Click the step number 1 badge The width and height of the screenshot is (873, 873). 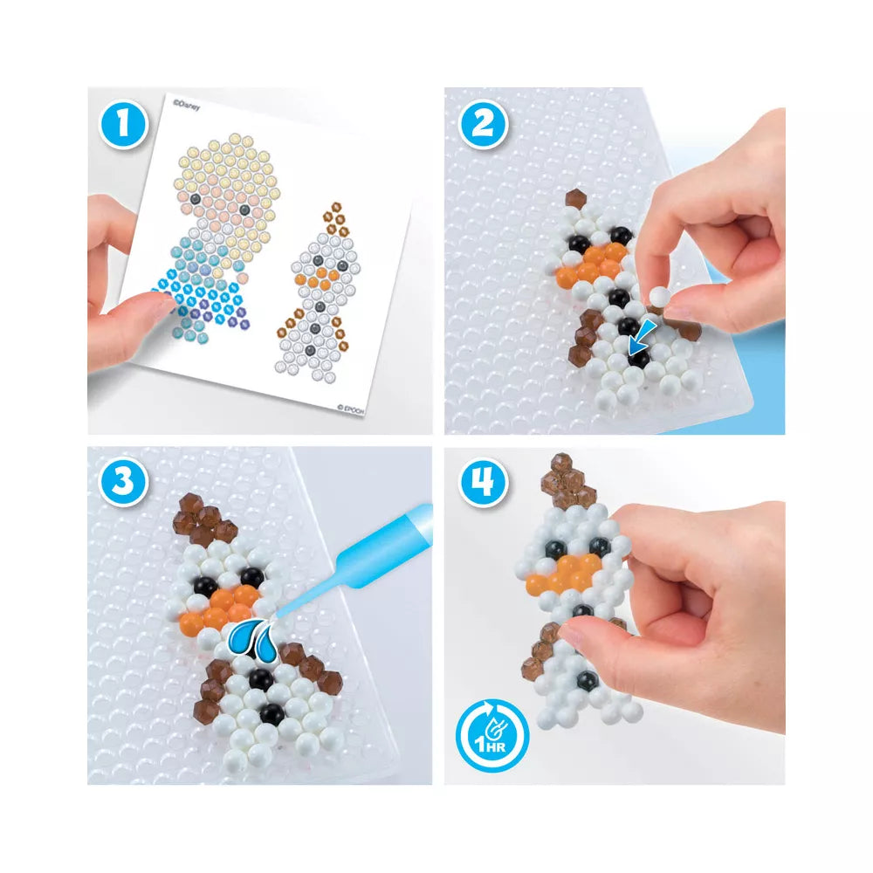click(124, 124)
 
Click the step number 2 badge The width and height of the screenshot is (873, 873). click(482, 124)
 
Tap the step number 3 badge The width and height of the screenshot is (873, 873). click(123, 481)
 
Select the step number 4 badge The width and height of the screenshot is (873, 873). click(482, 481)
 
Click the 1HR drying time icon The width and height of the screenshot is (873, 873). click(492, 735)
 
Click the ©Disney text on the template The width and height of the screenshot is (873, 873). click(186, 105)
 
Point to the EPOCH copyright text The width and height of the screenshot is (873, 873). click(351, 409)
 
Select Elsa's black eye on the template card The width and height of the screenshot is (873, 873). click(195, 199)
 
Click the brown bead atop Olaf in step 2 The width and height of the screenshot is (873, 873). click(576, 199)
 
